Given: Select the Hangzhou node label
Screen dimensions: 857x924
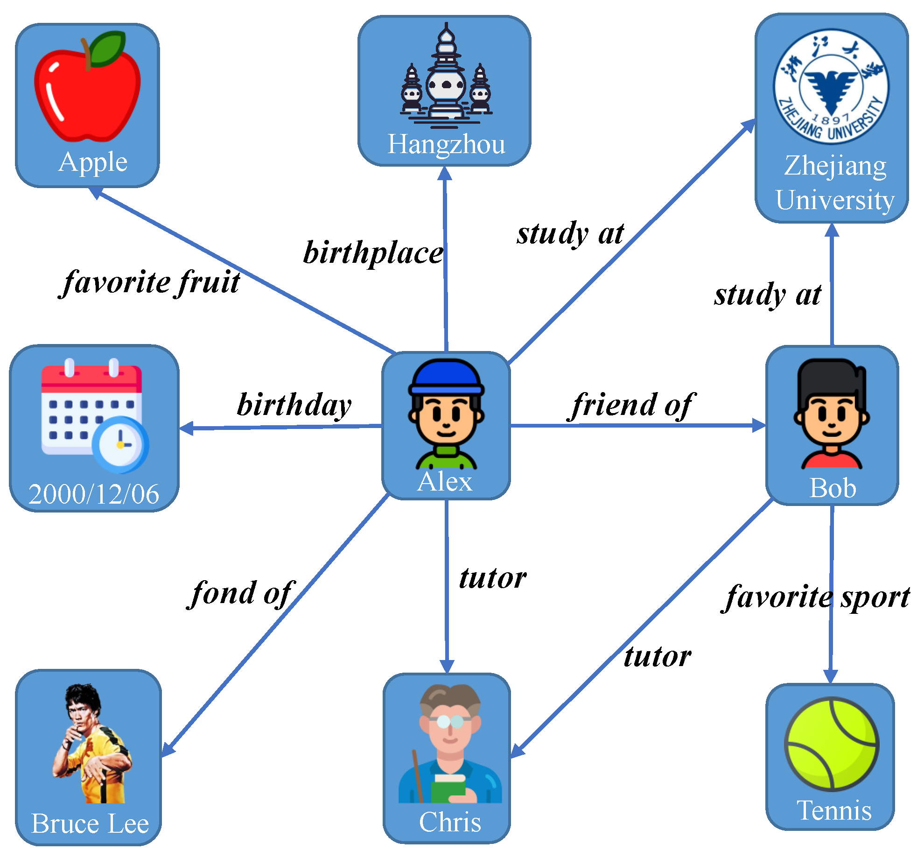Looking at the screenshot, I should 446,144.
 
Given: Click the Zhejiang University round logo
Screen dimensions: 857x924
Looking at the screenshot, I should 831,87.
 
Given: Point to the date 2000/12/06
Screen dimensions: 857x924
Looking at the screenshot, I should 94,494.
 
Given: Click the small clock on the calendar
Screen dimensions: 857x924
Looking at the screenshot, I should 120,444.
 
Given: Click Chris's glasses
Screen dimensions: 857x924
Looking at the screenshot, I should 450,722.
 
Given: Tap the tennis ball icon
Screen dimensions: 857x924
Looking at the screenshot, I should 832,744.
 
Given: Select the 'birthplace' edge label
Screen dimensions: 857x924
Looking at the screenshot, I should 373,253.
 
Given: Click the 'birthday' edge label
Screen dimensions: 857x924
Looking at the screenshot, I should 294,405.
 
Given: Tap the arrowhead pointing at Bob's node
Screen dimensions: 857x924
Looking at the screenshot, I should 759,425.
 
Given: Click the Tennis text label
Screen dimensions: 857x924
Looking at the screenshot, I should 834,811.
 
